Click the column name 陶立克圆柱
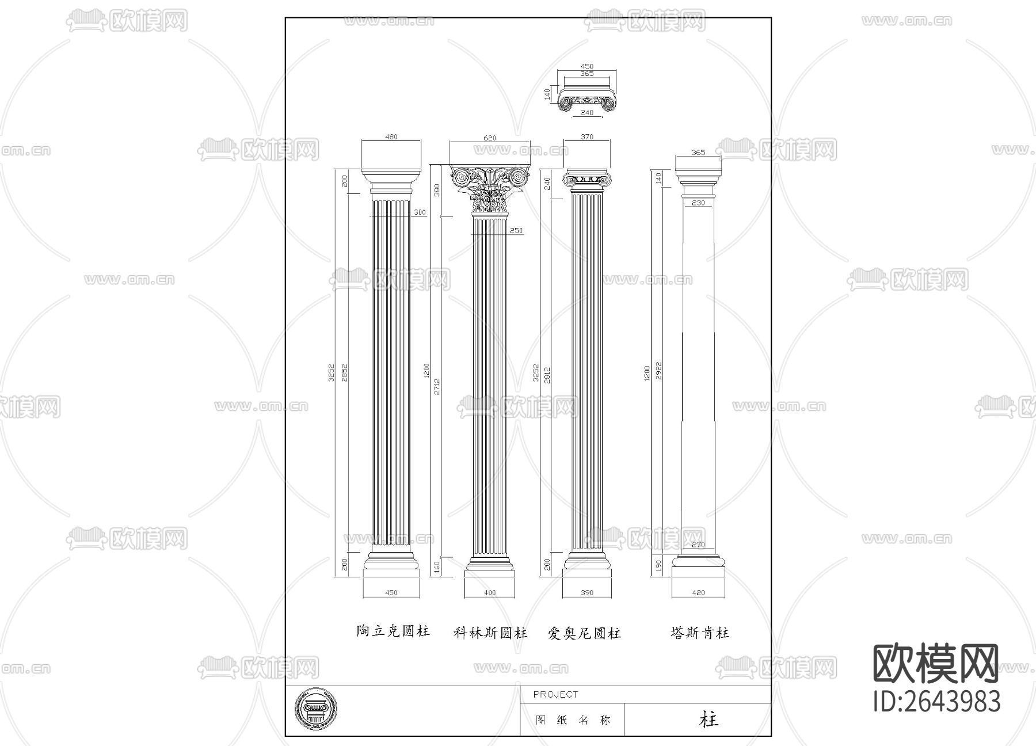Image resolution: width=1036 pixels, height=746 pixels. pyautogui.click(x=393, y=631)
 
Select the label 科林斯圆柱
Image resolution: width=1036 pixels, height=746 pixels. pyautogui.click(x=490, y=633)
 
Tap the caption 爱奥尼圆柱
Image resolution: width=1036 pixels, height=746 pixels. pyautogui.click(x=584, y=634)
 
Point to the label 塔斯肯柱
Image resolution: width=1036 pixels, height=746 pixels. pyautogui.click(x=699, y=633)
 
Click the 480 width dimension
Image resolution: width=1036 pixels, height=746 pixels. pyautogui.click(x=391, y=137)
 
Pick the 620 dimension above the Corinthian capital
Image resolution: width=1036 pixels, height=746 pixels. pyautogui.click(x=489, y=138)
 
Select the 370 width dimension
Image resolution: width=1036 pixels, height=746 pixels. pyautogui.click(x=587, y=137)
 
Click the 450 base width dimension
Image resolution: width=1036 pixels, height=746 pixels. pyautogui.click(x=391, y=592)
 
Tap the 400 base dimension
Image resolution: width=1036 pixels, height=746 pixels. pyautogui.click(x=489, y=592)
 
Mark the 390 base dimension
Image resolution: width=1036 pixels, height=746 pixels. pyautogui.click(x=586, y=592)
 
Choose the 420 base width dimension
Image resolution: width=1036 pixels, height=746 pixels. pyautogui.click(x=698, y=592)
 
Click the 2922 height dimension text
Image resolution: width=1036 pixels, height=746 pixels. pyautogui.click(x=658, y=371)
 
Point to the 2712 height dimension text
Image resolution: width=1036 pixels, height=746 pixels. pyautogui.click(x=437, y=386)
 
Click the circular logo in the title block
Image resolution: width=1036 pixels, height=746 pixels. pyautogui.click(x=316, y=710)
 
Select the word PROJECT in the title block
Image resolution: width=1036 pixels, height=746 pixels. pyautogui.click(x=555, y=694)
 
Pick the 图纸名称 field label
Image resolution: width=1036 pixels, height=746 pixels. pyautogui.click(x=573, y=720)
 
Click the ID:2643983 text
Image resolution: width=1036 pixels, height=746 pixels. pyautogui.click(x=937, y=702)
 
